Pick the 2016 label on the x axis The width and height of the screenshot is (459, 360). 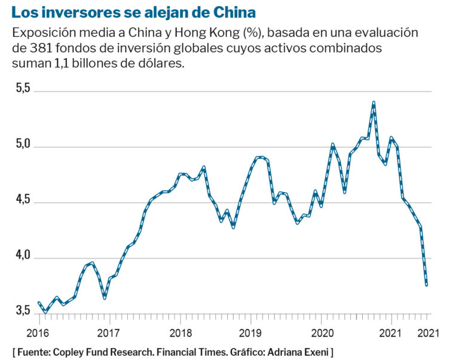point(38,333)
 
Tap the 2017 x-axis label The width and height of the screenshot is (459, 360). point(108,333)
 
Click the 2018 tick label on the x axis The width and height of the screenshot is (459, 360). point(180,333)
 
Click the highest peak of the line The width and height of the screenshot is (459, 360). point(374,103)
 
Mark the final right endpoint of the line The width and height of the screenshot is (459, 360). point(427,285)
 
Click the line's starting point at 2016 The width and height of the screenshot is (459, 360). point(38,303)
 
